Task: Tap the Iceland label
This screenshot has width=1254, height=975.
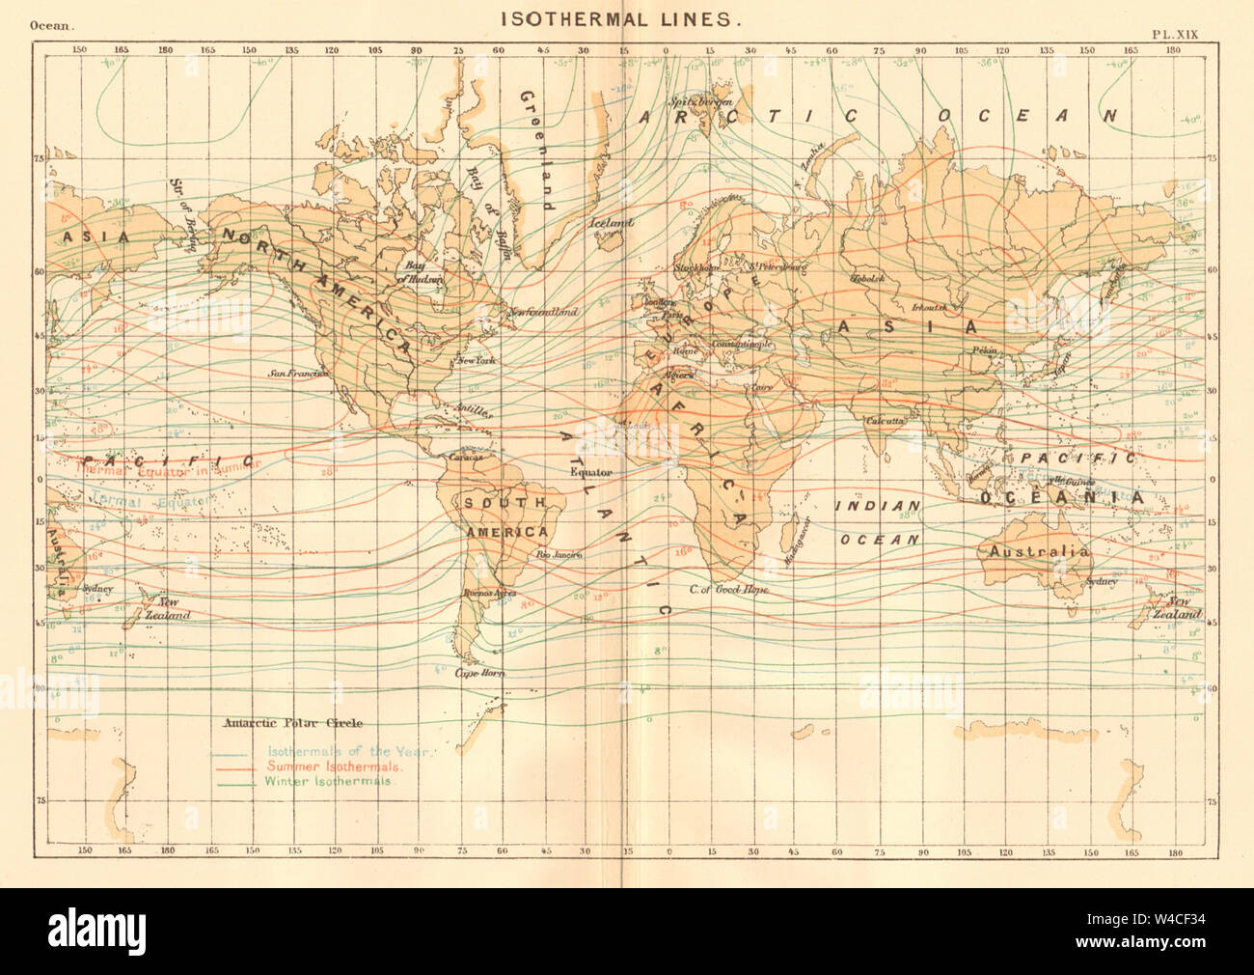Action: coord(612,224)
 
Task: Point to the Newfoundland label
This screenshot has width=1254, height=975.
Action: coord(542,313)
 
